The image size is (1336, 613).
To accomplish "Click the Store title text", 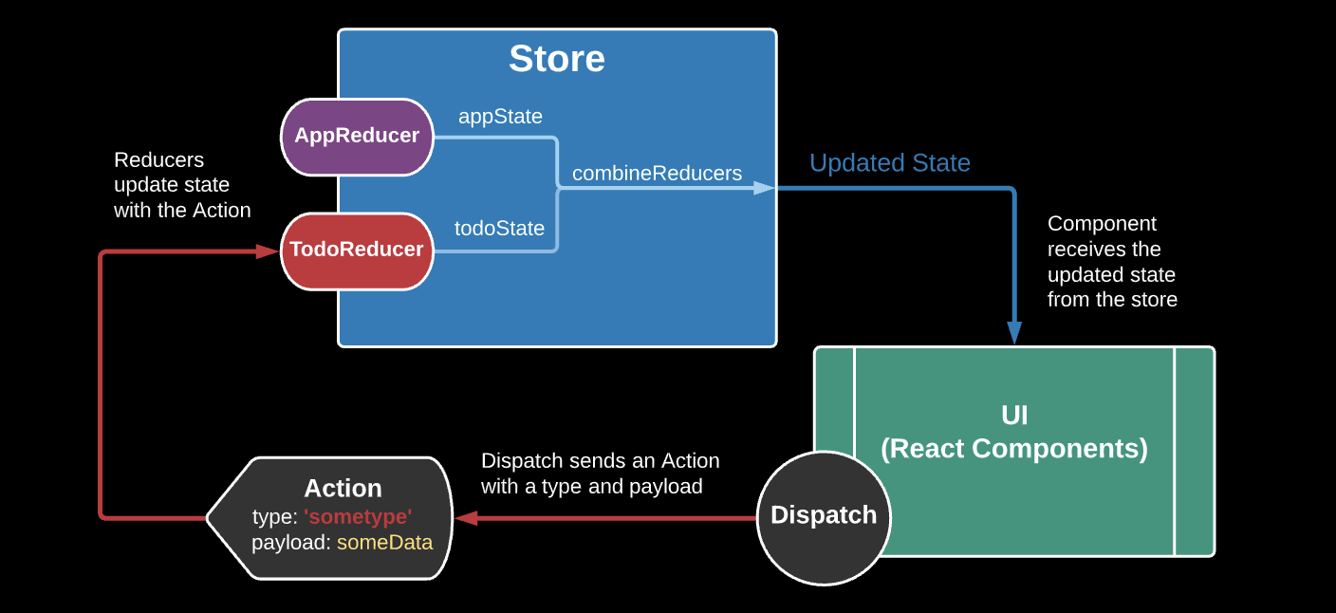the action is point(556,59).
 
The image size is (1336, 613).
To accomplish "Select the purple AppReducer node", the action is point(358,138).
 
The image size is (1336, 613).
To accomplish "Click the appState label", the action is point(500,117).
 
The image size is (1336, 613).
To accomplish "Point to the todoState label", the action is point(499,228).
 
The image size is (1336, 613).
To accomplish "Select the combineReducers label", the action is point(657,173).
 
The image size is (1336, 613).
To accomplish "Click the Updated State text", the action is point(890,163).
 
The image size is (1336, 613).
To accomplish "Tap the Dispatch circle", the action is point(824,517).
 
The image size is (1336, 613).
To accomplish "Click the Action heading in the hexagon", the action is point(343,489).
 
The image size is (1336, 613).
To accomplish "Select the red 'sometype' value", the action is point(358,516).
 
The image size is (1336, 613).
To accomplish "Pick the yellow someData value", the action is point(384,543).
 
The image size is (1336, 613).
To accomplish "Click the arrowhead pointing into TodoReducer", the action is point(268,251).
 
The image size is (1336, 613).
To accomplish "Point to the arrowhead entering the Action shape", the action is point(467,517).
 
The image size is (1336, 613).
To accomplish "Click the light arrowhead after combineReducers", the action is point(764,189).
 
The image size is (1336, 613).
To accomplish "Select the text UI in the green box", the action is point(1014,415).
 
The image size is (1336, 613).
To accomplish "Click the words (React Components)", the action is point(1014,449).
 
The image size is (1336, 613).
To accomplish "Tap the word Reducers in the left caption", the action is point(158,159).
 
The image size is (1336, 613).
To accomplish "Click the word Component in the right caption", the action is point(1102,224).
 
